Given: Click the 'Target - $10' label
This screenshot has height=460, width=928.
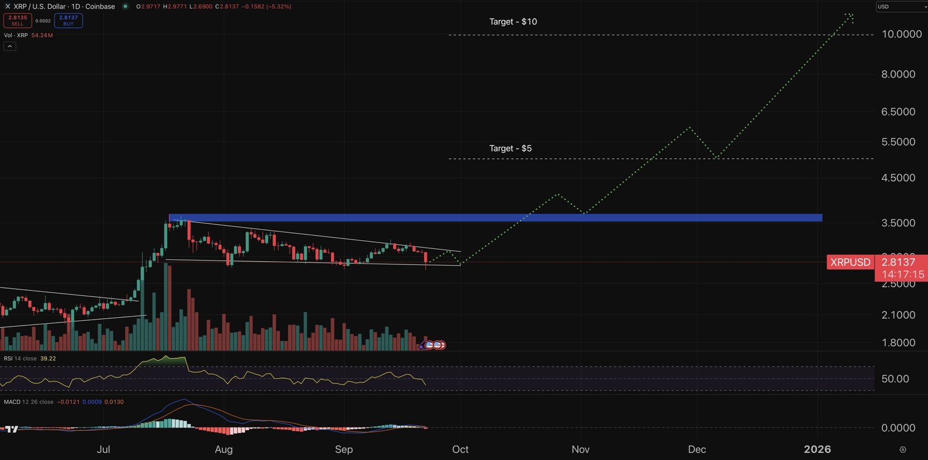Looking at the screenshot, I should pos(513,22).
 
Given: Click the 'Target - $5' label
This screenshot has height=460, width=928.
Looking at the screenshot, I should pos(510,148).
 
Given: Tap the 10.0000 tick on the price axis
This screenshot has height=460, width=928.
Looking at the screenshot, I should pos(901,34).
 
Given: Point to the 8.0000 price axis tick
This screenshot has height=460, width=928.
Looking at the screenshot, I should pos(898,74).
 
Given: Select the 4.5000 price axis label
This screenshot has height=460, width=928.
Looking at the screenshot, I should pos(898,178).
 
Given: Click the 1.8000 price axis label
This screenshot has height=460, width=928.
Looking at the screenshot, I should pos(898,343).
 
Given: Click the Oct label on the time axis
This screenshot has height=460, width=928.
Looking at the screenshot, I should pos(461,450).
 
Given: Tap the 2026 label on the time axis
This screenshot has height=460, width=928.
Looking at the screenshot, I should pos(817,450).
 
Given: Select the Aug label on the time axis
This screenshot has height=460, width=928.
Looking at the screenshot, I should pos(223,450).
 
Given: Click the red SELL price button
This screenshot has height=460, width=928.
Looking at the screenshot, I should pos(18,20).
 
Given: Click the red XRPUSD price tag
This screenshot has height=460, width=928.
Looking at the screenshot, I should pos(850,262).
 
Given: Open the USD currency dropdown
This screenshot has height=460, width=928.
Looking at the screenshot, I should pos(901,6).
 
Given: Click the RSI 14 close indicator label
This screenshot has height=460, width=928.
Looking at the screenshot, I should pos(20,358).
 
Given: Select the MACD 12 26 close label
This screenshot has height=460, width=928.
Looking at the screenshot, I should pos(28,402).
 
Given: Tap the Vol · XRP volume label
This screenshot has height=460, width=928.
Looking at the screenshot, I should pos(16,35).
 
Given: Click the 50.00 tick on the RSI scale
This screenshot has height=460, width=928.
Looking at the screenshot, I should pos(895,379).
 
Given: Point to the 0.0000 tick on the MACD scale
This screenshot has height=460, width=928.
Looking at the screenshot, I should pos(898,428).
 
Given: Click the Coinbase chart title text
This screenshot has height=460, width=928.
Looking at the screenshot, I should pos(100,6).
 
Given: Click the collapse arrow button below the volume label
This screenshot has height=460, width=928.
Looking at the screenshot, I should pos(10,46).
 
